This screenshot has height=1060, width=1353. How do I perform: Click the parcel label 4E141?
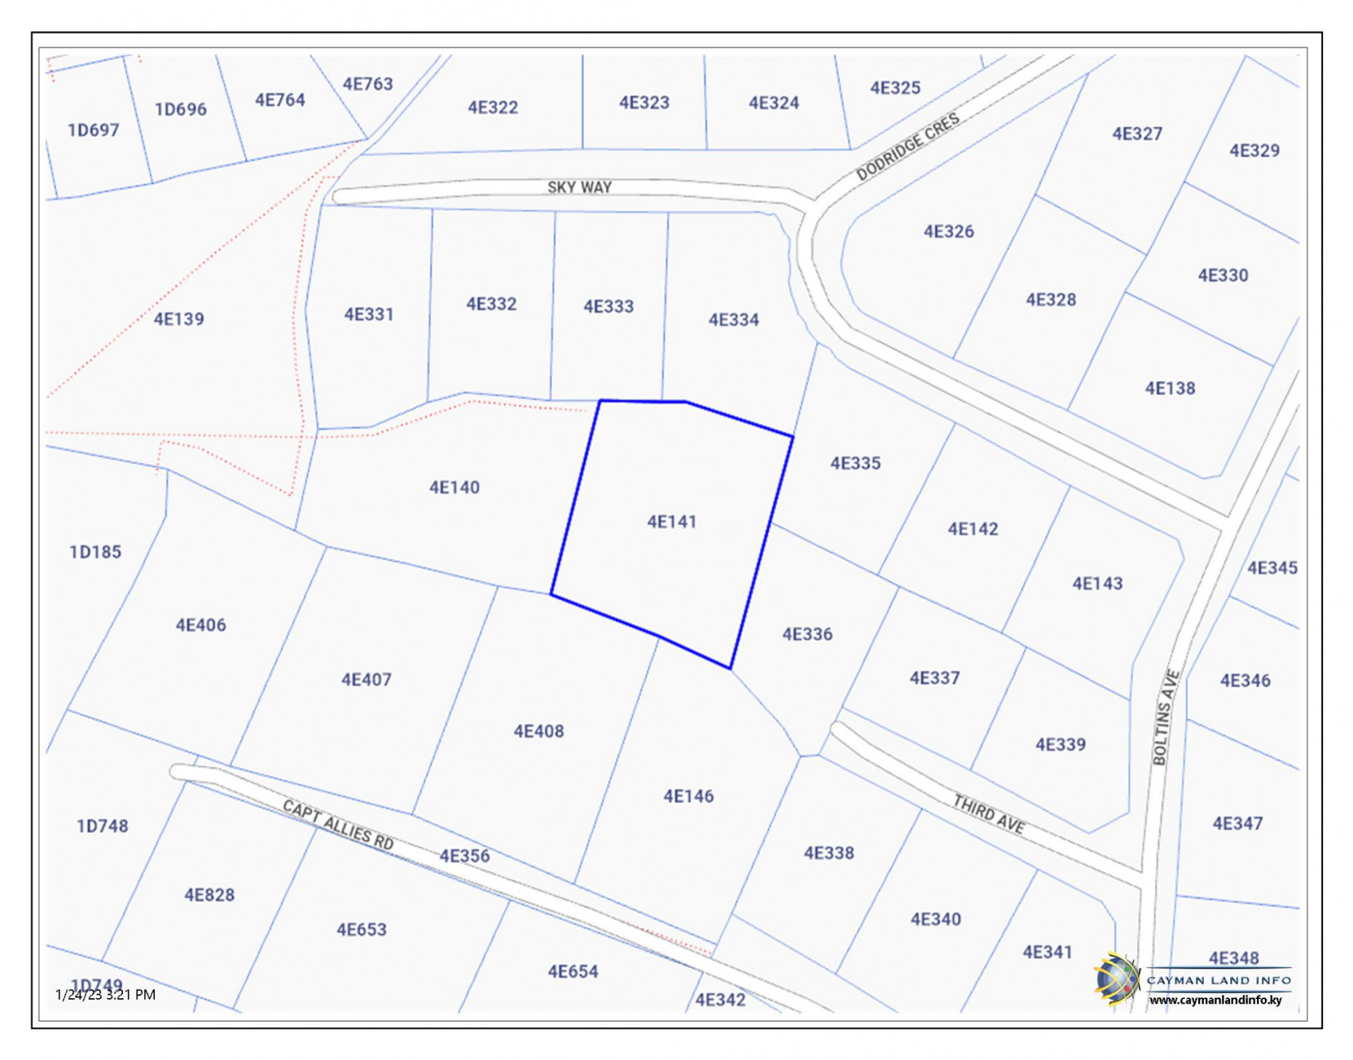[671, 522]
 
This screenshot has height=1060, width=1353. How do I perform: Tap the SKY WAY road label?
[579, 188]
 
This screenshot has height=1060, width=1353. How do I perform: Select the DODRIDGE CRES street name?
[907, 147]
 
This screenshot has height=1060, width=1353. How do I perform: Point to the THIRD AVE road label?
[989, 814]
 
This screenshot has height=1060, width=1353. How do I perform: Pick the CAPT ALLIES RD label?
[338, 824]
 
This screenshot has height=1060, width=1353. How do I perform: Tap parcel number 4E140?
[454, 487]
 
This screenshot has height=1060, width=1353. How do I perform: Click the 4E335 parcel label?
[855, 463]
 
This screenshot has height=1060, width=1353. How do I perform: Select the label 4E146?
[688, 796]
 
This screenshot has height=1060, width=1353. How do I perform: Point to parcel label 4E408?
[538, 731]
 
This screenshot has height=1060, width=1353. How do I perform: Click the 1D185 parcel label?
[95, 552]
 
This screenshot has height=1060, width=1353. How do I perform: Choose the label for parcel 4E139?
[179, 318]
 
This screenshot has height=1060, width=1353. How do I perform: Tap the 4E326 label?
[949, 232]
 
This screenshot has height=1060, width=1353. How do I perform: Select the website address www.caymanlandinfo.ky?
[1215, 1000]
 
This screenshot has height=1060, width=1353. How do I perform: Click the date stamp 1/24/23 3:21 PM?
[105, 995]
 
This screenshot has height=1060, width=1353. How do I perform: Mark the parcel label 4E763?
[367, 84]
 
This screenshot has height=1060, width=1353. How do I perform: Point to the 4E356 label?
[464, 856]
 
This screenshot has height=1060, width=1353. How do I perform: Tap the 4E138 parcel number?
[1170, 388]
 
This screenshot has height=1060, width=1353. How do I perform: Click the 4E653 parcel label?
[362, 930]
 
